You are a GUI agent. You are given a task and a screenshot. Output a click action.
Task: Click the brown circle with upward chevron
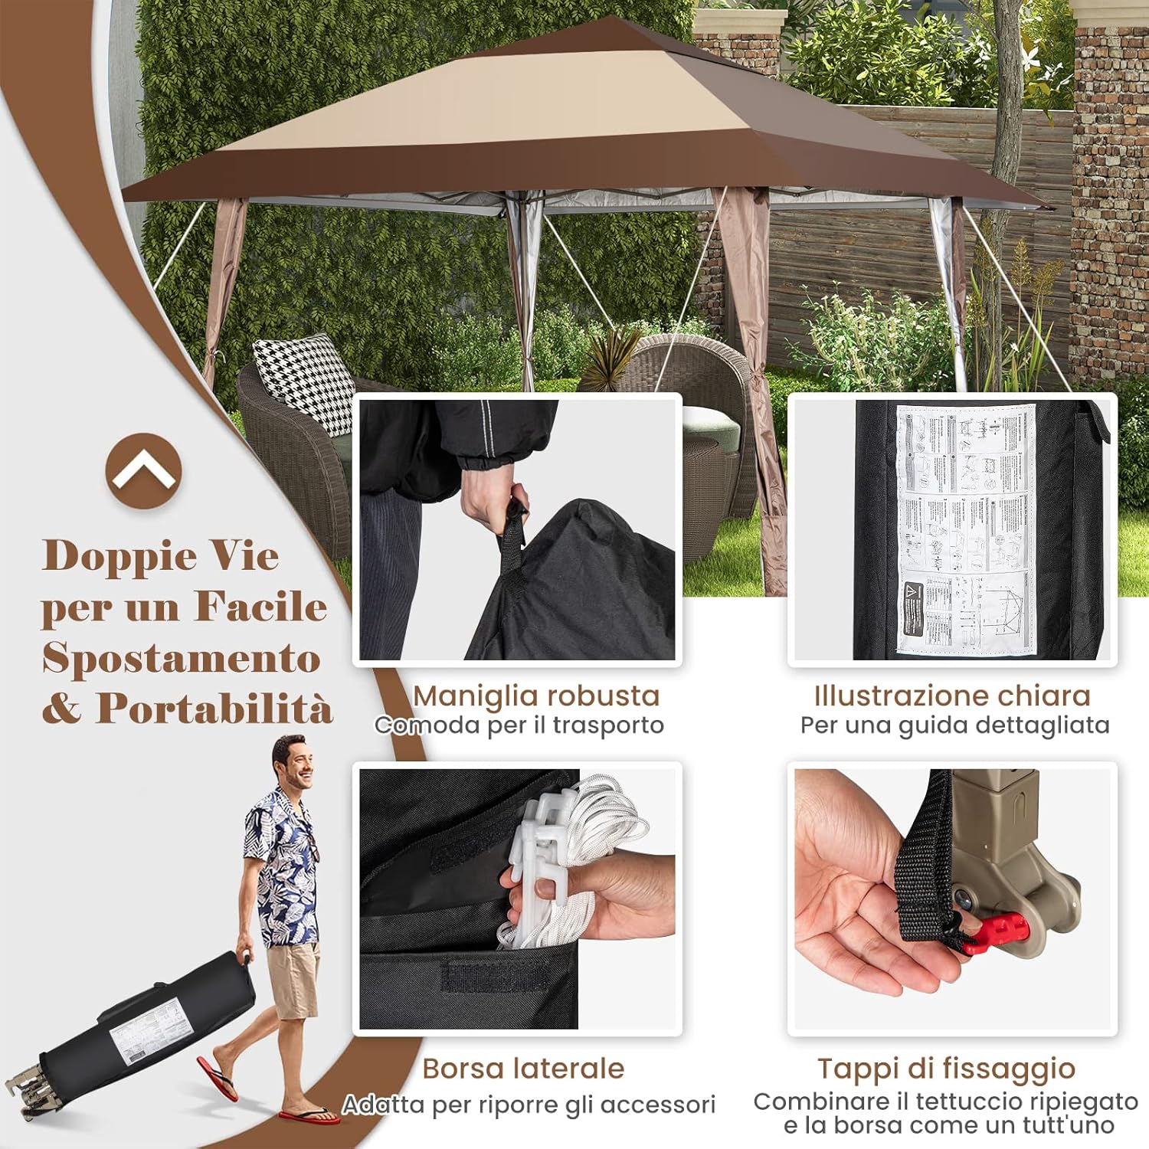coord(143,470)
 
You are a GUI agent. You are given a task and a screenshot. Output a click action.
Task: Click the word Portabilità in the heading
coord(214,709)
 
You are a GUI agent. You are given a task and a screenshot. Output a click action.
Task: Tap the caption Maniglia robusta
coord(536,696)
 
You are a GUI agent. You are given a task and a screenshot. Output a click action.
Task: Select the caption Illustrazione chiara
coord(952,696)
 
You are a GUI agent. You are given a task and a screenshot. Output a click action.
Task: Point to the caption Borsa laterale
coord(523,1069)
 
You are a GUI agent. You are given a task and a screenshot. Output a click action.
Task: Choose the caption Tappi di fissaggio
coord(947,1069)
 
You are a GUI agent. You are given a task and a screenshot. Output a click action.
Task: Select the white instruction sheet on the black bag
coord(967,529)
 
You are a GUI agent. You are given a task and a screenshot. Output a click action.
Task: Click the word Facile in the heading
coord(260,607)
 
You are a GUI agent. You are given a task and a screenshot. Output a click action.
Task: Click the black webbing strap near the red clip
coord(923,866)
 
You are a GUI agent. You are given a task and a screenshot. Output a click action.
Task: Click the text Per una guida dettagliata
coord(954,725)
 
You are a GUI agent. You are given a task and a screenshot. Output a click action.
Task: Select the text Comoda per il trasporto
coord(519,725)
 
